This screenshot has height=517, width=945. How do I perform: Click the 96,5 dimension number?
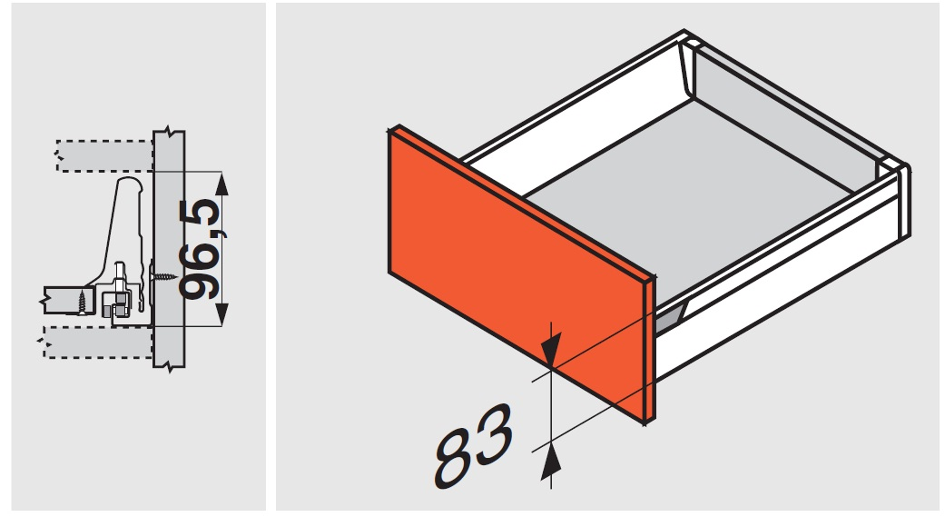(x=202, y=249)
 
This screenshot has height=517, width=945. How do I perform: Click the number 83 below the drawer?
(x=474, y=446)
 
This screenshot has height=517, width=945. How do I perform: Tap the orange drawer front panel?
(x=517, y=272)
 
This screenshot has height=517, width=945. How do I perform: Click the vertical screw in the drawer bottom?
(x=83, y=302)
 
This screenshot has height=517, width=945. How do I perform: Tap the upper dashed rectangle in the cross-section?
(x=104, y=156)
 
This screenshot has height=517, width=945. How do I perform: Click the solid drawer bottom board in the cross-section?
(x=68, y=300)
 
